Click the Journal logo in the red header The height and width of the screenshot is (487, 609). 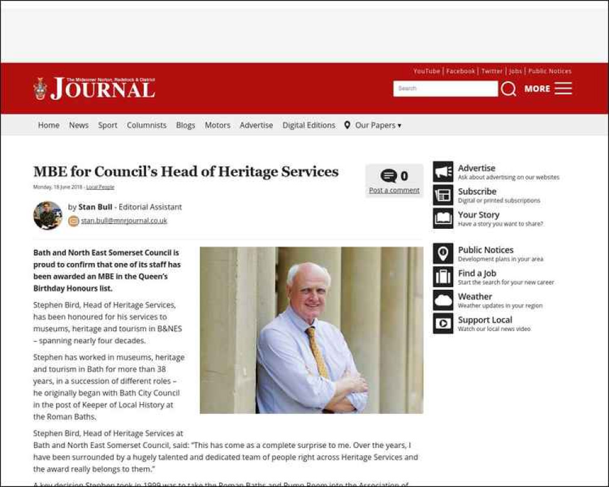(94, 89)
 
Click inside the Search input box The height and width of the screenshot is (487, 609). (445, 89)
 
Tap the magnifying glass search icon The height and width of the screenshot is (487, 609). (509, 89)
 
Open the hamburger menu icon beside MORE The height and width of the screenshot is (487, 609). (563, 89)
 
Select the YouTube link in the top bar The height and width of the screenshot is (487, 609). (426, 71)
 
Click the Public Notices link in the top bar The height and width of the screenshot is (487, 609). (550, 71)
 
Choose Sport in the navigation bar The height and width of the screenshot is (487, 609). (108, 125)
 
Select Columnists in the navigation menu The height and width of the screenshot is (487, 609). (146, 125)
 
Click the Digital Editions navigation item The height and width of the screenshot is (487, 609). (309, 125)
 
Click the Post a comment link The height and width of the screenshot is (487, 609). (394, 191)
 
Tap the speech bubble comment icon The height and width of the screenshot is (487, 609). (389, 176)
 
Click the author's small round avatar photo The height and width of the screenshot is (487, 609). (48, 215)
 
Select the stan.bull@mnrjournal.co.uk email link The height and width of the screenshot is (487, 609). (124, 221)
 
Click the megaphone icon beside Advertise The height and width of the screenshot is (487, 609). (443, 172)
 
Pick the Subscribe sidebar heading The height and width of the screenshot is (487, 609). (477, 192)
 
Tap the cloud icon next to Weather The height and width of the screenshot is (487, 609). (443, 300)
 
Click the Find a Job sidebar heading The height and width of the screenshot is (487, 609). (477, 273)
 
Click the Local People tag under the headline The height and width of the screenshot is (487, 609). (100, 187)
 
